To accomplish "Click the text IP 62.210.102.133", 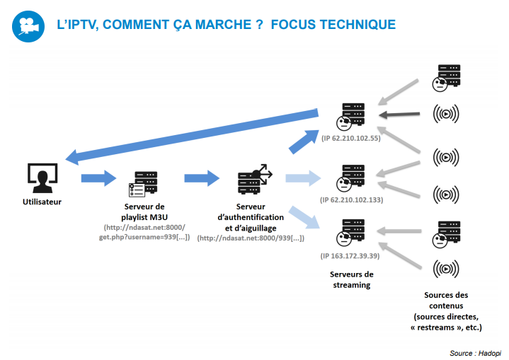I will coord(351,201).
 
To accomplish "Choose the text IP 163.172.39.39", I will coord(350,255).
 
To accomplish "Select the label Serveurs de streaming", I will coord(352,279).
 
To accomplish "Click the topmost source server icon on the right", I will coord(446,78).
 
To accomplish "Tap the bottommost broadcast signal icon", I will coord(445,269).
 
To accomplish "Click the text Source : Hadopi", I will coord(474,352).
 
